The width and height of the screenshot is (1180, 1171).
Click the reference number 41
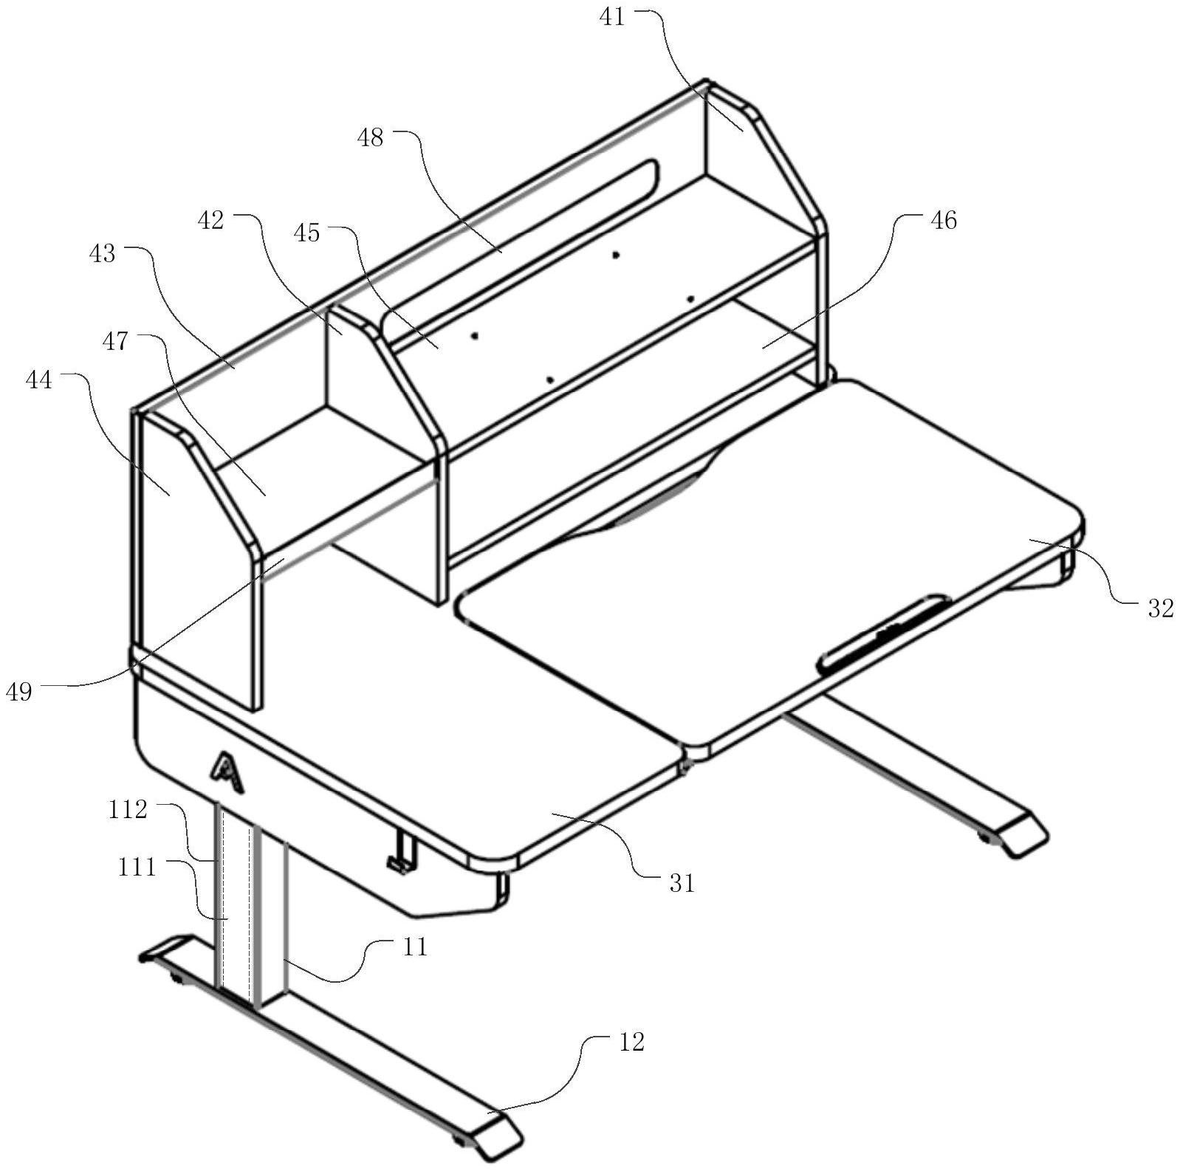tap(612, 16)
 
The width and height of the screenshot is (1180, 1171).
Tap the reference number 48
tap(370, 137)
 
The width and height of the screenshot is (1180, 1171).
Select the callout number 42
tap(211, 220)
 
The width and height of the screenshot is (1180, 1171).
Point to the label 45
tap(306, 233)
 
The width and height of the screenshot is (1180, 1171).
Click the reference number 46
tap(943, 220)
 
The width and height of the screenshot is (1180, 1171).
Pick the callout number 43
tap(103, 253)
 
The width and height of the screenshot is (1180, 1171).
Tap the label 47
tap(114, 341)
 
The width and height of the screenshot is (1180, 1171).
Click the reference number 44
tap(39, 380)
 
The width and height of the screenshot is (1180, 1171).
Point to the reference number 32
tap(1160, 608)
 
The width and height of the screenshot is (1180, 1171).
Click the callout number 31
tap(682, 882)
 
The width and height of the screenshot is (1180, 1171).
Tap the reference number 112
tap(128, 810)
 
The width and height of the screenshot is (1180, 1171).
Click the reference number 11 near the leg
tap(416, 946)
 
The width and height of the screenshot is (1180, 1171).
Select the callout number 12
tap(631, 1042)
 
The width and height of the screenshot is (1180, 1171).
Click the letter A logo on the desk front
tap(227, 772)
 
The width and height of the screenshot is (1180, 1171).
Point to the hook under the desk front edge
tap(402, 852)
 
